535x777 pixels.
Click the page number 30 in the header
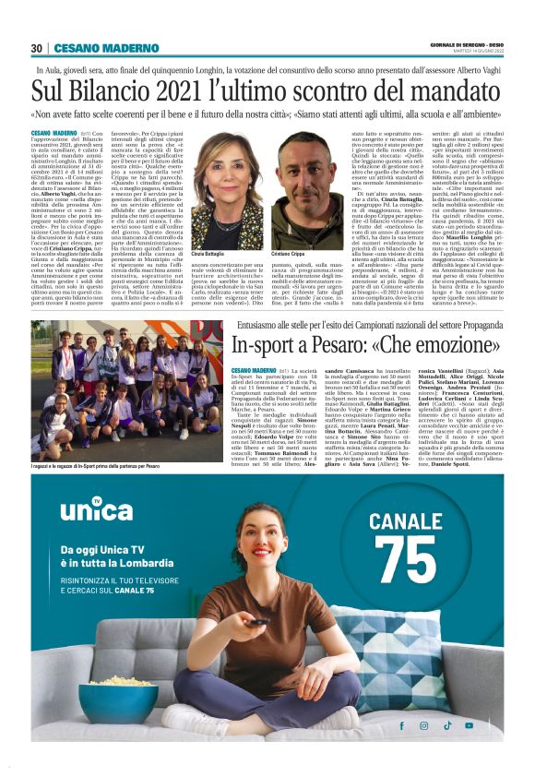point(36,48)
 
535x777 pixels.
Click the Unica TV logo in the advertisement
point(90,508)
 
